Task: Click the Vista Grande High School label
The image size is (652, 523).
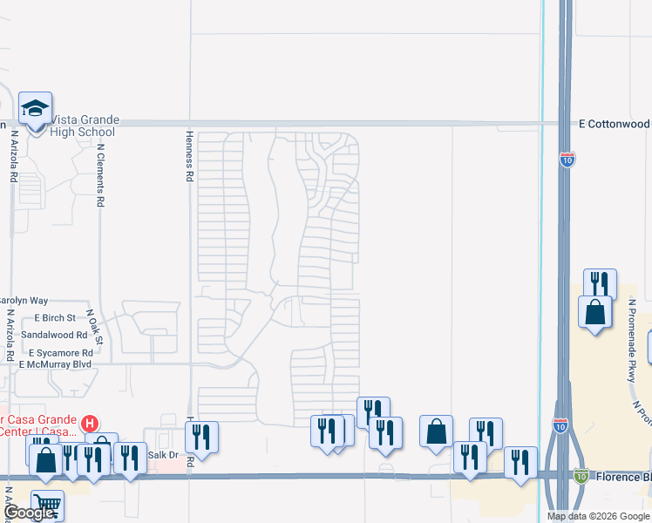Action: click(x=85, y=126)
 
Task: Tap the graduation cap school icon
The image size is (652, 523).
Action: click(x=36, y=109)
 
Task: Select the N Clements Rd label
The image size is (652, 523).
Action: click(x=101, y=175)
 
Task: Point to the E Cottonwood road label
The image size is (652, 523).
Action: click(x=615, y=125)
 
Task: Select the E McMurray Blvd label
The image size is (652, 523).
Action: click(x=55, y=364)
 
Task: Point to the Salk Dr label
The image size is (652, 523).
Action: click(x=163, y=456)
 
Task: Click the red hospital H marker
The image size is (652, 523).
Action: click(x=89, y=425)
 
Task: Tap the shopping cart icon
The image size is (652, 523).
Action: click(x=47, y=503)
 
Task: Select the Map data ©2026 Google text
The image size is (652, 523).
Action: click(x=597, y=516)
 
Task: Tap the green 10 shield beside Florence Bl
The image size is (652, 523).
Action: click(x=581, y=475)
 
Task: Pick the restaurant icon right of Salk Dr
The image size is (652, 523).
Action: click(x=201, y=436)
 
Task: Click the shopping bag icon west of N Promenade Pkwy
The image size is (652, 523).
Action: click(x=594, y=311)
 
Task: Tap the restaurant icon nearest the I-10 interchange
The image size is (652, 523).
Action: click(x=520, y=461)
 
